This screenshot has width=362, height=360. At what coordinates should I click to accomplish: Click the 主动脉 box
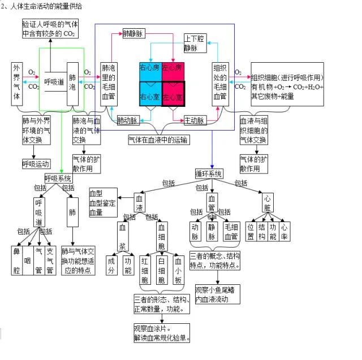pos(194,120)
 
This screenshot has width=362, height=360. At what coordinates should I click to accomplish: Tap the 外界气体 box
pos(16,83)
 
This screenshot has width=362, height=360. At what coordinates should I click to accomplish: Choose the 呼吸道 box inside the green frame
pos(54,83)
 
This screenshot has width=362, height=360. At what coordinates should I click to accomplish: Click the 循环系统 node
pos(209,173)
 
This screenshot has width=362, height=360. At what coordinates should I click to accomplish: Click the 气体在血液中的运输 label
pos(158,139)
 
